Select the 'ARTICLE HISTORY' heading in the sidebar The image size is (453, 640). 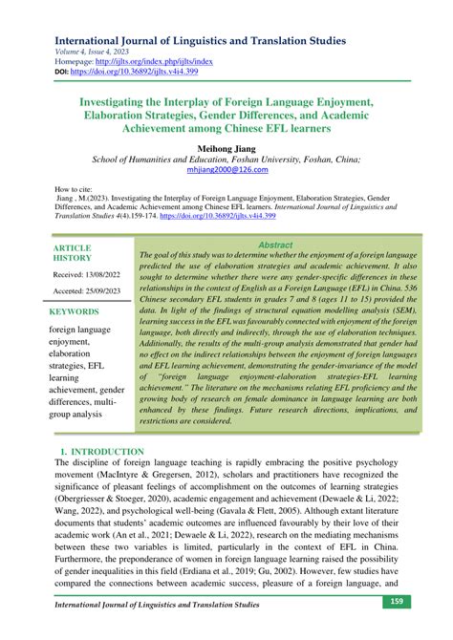tap(73, 253)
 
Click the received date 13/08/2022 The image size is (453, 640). tap(88, 275)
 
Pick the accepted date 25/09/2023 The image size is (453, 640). tap(88, 291)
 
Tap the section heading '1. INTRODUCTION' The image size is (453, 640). tap(102, 451)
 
